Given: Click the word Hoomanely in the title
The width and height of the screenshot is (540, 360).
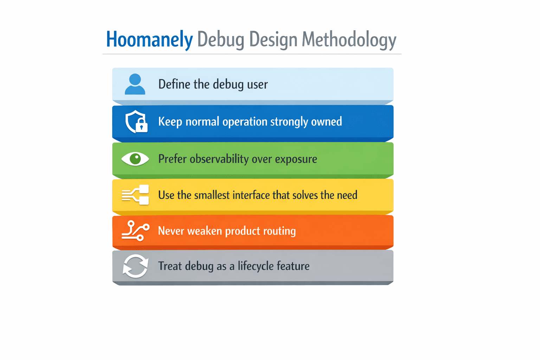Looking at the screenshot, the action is point(149,39).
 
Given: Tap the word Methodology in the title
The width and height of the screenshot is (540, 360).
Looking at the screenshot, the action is point(349,40).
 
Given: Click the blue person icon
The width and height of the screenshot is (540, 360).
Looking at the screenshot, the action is point(135,84).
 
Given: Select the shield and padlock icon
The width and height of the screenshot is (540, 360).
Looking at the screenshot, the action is point(136,122).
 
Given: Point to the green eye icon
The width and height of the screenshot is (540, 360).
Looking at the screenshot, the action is point(135,159).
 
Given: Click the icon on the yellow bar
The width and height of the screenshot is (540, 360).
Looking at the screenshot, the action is point(135,195).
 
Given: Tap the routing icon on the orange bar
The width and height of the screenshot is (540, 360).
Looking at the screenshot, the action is point(135,231).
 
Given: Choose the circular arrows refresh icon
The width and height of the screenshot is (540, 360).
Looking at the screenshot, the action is point(135,266).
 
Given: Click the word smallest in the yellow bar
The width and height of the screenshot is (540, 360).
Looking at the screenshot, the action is point(212,195).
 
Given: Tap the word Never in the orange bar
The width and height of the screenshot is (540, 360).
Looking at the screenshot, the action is point(171,231).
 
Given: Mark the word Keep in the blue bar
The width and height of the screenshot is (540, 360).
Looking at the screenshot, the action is point(170,122).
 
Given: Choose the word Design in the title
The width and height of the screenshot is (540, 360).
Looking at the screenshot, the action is point(273,40).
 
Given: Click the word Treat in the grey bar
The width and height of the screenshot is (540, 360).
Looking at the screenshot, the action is point(170,266).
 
